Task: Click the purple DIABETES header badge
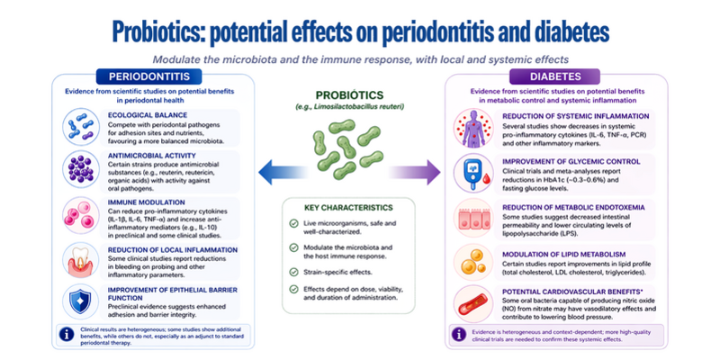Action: pyautogui.click(x=555, y=76)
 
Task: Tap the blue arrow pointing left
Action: pyautogui.click(x=283, y=172)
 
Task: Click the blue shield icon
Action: pyautogui.click(x=80, y=301)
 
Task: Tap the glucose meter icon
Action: pyautogui.click(x=473, y=173)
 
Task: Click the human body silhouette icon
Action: pyautogui.click(x=473, y=128)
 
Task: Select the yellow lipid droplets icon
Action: pyautogui.click(x=473, y=262)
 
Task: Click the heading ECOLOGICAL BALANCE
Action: pyautogui.click(x=141, y=115)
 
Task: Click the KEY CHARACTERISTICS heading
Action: pyautogui.click(x=348, y=208)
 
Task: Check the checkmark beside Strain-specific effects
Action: pyautogui.click(x=293, y=272)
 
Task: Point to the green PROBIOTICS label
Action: pyautogui.click(x=348, y=95)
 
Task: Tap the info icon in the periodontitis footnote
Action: pyautogui.click(x=66, y=334)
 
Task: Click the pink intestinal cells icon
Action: pyautogui.click(x=473, y=217)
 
